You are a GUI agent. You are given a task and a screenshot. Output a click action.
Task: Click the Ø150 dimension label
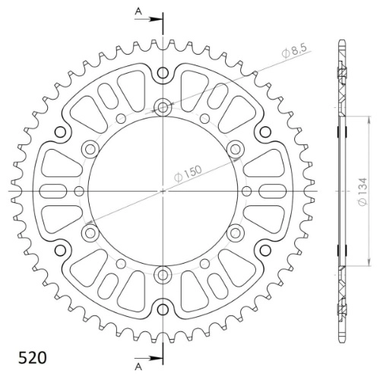click(x=188, y=173)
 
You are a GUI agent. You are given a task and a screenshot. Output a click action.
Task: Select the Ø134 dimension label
click(x=363, y=192)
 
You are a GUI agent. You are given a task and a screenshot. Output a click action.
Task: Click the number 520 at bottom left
click(x=33, y=358)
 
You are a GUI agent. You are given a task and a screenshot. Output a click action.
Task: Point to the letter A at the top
click(x=138, y=11)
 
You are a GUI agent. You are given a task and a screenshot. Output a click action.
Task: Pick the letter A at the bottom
click(x=138, y=366)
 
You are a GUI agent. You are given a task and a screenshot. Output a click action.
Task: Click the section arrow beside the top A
click(x=149, y=19)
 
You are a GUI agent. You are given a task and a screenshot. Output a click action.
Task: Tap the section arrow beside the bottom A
click(x=149, y=358)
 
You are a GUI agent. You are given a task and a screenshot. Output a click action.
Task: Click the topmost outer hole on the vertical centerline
click(x=163, y=73)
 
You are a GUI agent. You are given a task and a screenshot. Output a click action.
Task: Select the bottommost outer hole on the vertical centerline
click(x=163, y=309)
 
